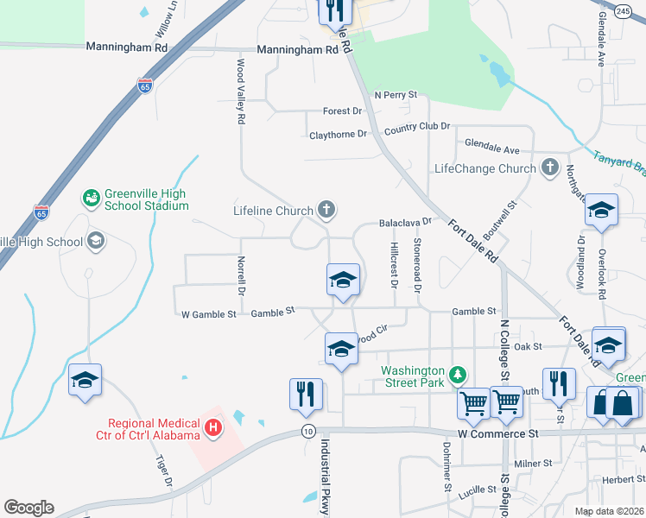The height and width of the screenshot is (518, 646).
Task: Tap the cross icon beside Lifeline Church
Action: [x=326, y=209]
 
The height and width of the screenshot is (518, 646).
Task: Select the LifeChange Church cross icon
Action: [x=549, y=167]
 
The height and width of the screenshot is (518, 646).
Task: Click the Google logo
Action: [x=28, y=508]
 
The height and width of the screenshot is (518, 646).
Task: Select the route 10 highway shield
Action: [x=307, y=430]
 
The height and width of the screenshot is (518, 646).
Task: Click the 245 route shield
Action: [x=624, y=10]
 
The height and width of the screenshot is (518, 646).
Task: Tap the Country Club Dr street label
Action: [x=417, y=127]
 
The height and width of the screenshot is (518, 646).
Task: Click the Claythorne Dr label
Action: [x=338, y=135]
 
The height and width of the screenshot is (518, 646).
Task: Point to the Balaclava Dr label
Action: [x=404, y=223]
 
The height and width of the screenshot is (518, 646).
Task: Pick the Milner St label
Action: [x=533, y=464]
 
